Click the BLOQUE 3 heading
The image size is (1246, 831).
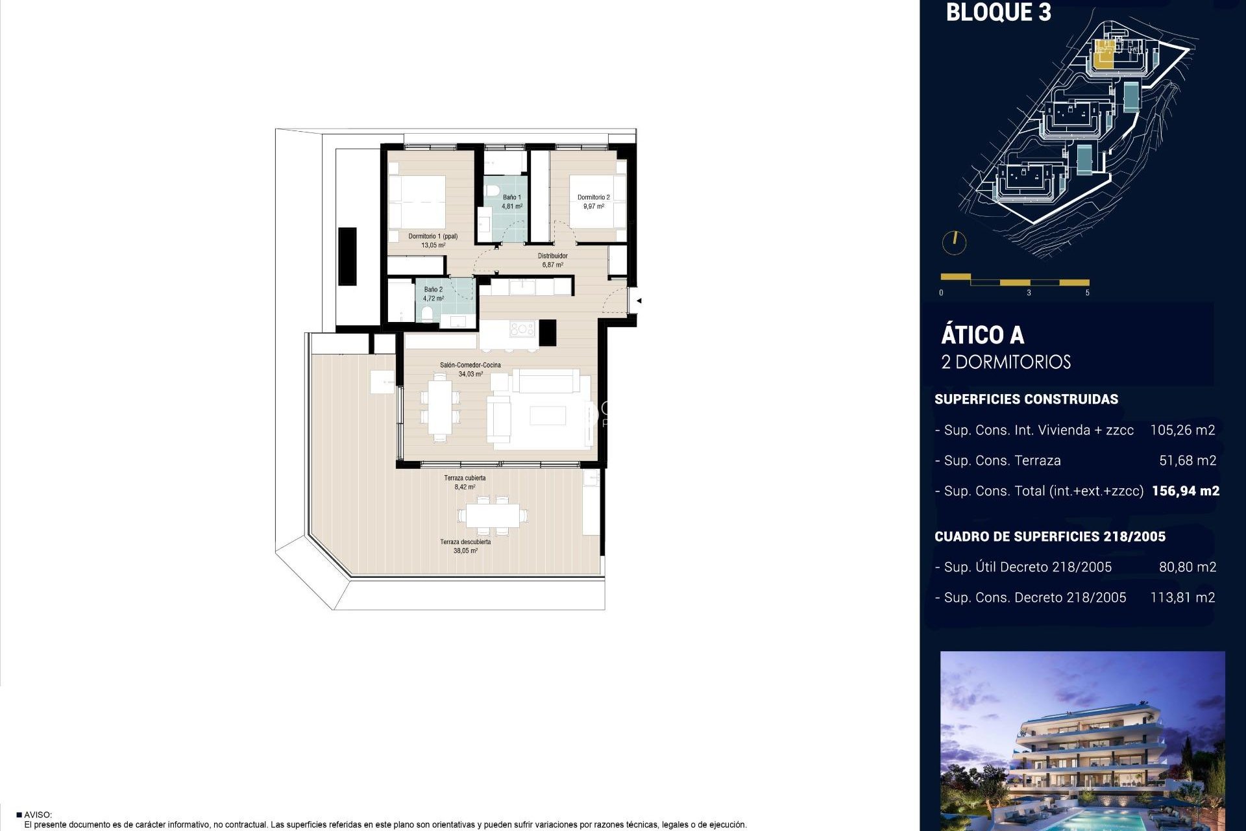tap(998, 13)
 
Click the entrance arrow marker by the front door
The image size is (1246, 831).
tap(639, 301)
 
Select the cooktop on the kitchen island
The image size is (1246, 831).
tap(522, 329)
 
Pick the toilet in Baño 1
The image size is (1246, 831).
tap(491, 192)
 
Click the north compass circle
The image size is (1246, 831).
tap(954, 243)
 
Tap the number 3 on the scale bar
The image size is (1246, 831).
tap(1029, 293)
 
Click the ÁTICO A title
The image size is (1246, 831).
tap(983, 336)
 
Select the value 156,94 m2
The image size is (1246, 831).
tap(1185, 491)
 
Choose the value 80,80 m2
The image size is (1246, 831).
tap(1187, 567)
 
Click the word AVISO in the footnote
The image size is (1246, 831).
tap(38, 815)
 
